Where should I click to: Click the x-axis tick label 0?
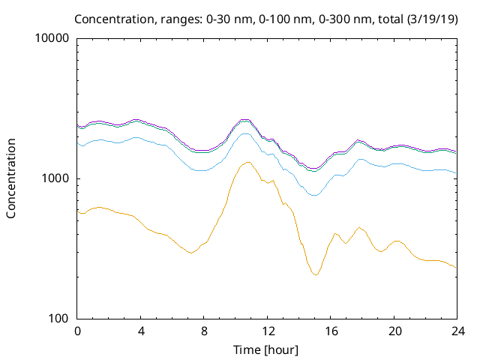coord(77,331)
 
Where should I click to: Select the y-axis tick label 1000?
coord(56,178)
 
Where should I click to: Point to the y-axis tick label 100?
coord(59,319)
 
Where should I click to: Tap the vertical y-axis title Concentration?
coord(11,178)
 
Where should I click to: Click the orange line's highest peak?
coord(247,162)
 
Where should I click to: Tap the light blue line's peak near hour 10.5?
coord(245,133)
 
